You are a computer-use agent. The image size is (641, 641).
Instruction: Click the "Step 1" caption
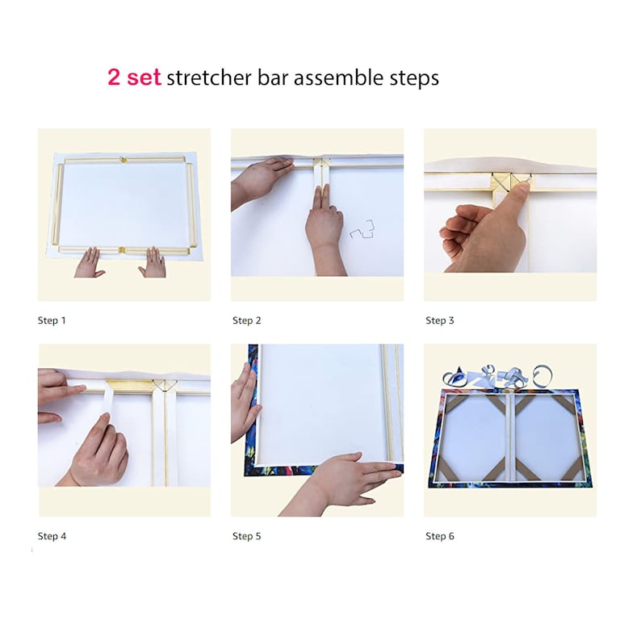52,320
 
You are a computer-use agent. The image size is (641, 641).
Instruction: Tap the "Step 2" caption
247,320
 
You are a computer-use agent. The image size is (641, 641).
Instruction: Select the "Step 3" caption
440,320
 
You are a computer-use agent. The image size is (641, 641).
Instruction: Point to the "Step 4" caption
52,536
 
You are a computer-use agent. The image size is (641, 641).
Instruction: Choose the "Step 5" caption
247,536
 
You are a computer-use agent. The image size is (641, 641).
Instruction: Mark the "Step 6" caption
440,536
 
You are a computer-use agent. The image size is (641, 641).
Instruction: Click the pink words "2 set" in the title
134,78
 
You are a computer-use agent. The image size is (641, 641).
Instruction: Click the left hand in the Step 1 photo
88,264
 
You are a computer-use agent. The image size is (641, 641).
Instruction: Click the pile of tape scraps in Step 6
496,375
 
